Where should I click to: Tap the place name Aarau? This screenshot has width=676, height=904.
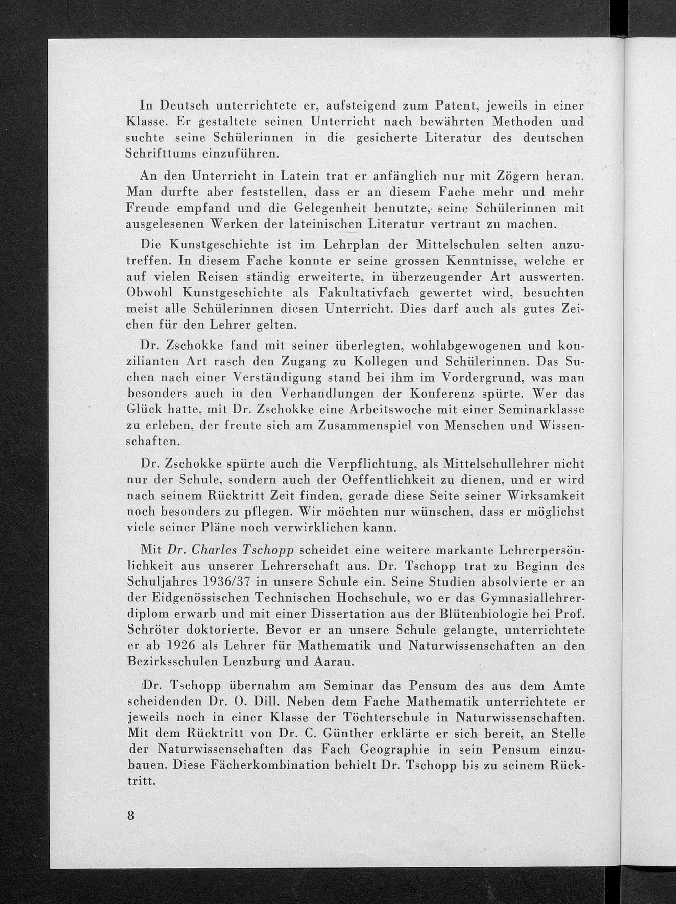tap(333, 662)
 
